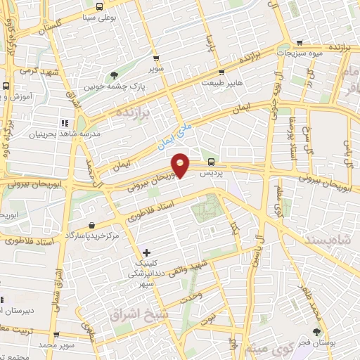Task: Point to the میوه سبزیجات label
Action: coord(299,53)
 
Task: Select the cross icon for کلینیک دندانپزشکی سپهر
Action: coord(146,252)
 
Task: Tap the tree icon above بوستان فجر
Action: coord(317,331)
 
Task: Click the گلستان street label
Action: coord(67,24)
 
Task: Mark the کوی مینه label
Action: coord(274,348)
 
